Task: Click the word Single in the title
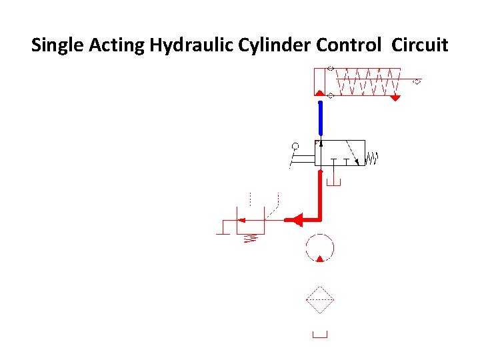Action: point(55,45)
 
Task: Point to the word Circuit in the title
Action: point(420,45)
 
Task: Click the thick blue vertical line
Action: point(320,119)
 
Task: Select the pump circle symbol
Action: point(320,248)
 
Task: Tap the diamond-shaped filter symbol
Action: point(320,300)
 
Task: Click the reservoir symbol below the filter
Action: point(320,335)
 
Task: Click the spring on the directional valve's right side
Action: point(373,159)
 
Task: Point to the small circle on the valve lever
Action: point(295,145)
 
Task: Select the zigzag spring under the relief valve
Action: point(251,238)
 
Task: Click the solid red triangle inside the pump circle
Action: point(320,258)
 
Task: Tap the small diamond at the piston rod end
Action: point(417,82)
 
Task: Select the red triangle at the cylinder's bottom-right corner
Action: point(395,97)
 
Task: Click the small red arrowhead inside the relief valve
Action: point(243,219)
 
